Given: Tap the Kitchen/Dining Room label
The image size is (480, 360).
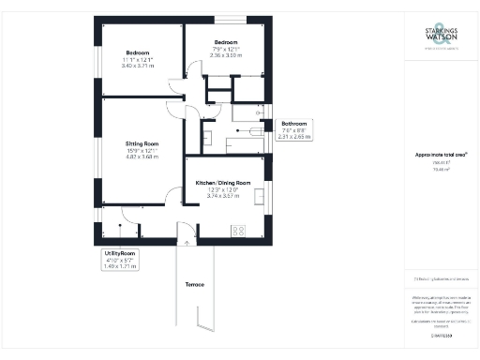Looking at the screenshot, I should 222,182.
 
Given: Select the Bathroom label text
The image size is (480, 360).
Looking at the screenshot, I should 295,124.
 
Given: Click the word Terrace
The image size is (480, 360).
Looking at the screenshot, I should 195,284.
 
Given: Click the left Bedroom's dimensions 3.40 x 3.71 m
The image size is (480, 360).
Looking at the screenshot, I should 131,67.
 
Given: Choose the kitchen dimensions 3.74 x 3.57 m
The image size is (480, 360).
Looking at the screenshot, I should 222,195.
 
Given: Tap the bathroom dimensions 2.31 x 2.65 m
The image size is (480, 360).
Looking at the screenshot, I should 295,137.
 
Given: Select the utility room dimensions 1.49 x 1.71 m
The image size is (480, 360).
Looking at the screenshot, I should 120,266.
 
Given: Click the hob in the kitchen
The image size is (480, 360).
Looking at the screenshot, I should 238,230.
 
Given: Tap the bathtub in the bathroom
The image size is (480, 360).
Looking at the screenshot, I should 248,133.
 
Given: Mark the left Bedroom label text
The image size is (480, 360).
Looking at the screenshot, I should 131,53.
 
